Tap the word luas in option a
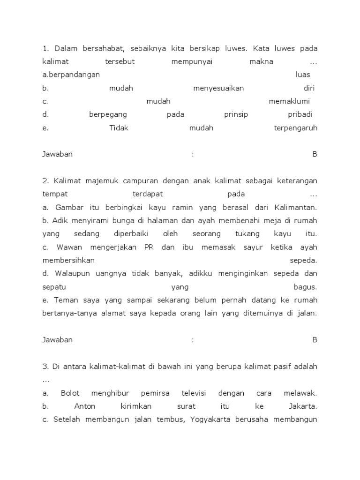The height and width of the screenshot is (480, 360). (303, 75)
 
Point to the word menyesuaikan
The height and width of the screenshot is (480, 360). (218, 88)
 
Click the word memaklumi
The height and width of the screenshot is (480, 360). (290, 101)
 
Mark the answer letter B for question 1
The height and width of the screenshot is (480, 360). (315, 154)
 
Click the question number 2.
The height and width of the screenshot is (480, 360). (45, 180)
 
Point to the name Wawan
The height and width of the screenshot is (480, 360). (68, 247)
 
